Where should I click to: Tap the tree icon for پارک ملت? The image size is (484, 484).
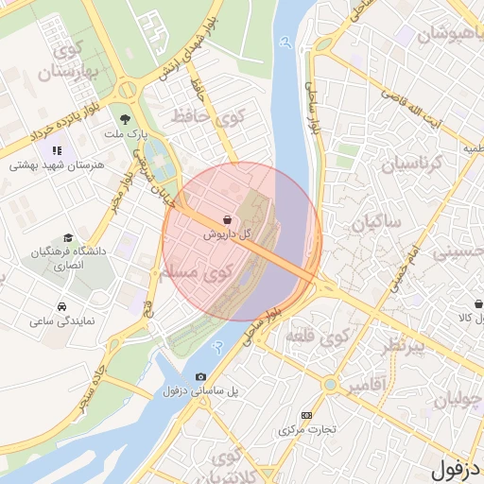click(x=125, y=119)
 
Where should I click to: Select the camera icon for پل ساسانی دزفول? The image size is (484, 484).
click(x=200, y=377)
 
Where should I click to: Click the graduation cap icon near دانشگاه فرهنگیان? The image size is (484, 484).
click(x=67, y=238)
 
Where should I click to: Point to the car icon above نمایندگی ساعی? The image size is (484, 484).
click(x=61, y=307)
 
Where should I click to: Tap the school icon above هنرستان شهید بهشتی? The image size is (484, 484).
click(x=57, y=149)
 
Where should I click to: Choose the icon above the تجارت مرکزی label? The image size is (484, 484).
click(x=305, y=415)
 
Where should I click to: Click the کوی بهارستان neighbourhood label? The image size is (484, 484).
click(x=61, y=59)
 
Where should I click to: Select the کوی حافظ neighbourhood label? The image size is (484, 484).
click(x=205, y=118)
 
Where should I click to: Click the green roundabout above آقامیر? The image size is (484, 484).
click(x=329, y=385)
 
